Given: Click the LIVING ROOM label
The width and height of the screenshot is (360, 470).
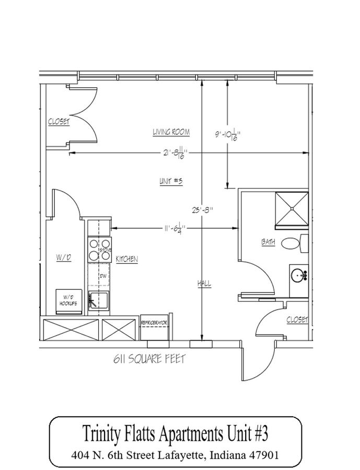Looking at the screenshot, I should [x=171, y=133].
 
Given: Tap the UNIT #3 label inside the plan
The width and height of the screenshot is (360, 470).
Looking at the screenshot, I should [x=170, y=181].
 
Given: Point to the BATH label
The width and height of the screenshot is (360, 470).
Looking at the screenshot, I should [x=269, y=242].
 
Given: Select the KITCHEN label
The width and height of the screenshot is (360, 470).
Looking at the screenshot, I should [x=127, y=259].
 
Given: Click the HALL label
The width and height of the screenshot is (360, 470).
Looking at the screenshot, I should [x=203, y=284].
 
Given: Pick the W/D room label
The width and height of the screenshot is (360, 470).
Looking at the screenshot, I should [x=63, y=257].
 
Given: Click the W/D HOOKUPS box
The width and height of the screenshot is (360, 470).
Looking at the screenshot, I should [x=69, y=302].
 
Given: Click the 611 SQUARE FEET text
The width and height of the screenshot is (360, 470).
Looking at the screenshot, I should [x=148, y=360].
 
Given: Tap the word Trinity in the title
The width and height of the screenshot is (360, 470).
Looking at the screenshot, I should [x=103, y=433].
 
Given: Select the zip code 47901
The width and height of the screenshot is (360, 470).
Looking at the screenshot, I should [x=262, y=455].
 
